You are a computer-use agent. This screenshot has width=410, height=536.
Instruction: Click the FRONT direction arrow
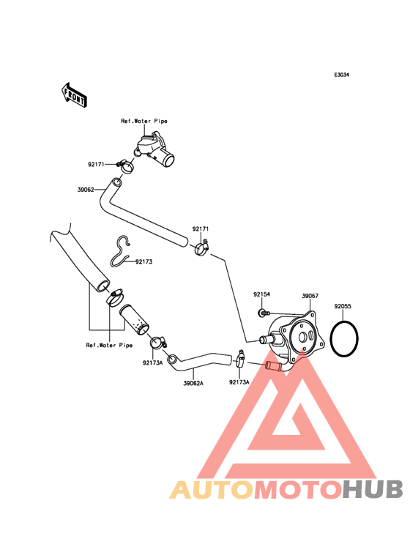point(74,95)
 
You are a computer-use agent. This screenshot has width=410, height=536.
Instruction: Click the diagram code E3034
point(341,75)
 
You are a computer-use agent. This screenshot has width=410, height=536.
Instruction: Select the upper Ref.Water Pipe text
point(144,121)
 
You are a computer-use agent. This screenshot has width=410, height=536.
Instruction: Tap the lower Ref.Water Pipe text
point(109,346)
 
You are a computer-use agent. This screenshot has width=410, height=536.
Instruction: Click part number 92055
point(343,306)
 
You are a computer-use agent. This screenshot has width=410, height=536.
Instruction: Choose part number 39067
point(310,296)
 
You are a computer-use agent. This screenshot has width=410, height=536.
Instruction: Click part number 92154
point(261,294)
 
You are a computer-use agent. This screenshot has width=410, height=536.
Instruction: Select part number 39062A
point(193,383)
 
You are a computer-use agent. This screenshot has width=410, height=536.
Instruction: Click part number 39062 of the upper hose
point(86,190)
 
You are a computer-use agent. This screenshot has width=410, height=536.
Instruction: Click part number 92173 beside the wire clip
point(143,262)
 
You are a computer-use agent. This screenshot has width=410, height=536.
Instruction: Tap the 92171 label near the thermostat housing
point(96,165)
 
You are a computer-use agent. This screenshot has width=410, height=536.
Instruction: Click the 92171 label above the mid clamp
point(200,229)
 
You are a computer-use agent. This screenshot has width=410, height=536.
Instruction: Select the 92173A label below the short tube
point(153,363)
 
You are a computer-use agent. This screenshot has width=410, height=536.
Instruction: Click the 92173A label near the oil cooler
point(239,382)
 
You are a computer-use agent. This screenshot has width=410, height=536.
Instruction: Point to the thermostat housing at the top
point(154,149)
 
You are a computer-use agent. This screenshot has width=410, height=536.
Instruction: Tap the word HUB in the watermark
point(373,490)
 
